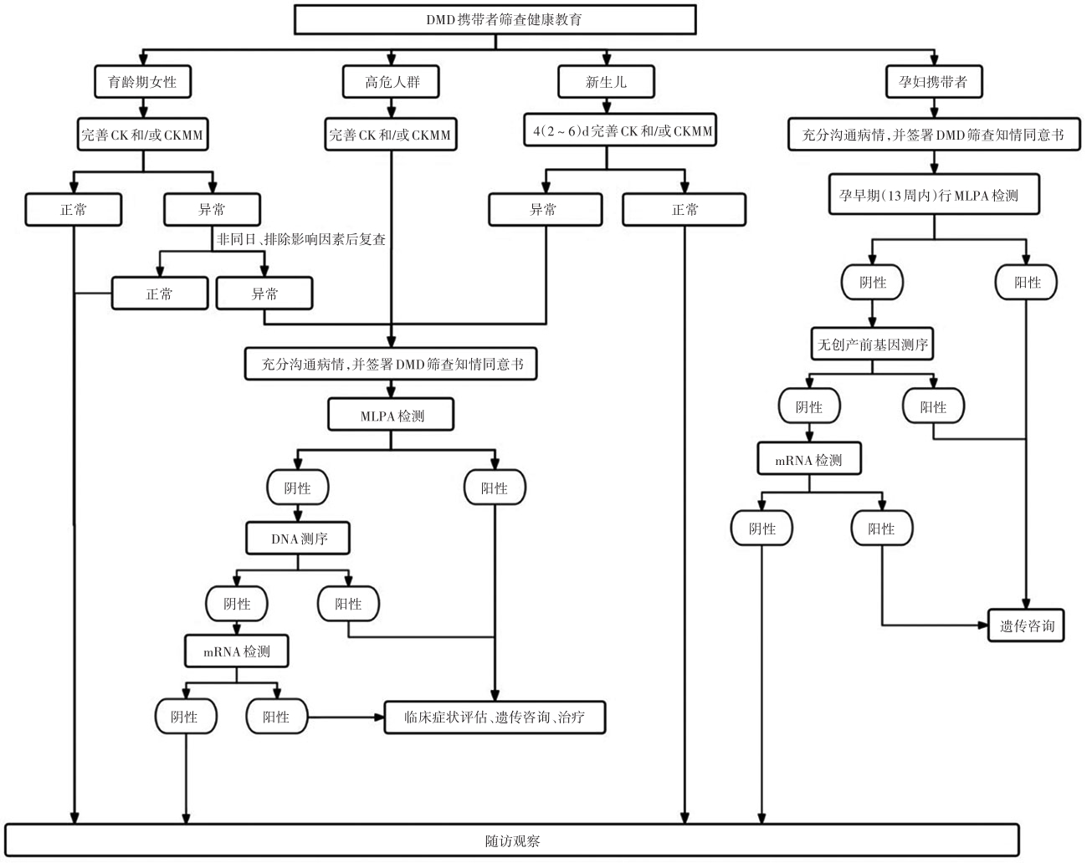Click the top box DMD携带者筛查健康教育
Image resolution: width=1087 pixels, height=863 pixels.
point(495,20)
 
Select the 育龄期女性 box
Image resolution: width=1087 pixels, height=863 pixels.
point(143,81)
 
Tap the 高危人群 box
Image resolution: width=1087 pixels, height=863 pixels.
point(391,81)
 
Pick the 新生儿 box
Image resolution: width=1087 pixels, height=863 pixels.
point(606,81)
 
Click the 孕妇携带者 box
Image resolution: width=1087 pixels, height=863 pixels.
point(934,81)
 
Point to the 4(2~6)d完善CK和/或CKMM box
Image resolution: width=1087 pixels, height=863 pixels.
point(620,130)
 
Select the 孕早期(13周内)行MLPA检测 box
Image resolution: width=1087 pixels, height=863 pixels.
point(934,194)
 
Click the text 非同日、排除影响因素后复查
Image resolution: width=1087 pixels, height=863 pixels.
point(301,239)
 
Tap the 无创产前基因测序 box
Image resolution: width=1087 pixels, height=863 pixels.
point(872,344)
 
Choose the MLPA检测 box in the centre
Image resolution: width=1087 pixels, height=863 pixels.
point(391,415)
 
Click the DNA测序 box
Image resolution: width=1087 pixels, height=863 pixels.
point(298,539)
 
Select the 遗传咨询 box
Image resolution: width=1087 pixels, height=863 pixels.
point(1026,626)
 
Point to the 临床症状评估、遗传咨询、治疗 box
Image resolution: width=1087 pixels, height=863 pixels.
point(495,717)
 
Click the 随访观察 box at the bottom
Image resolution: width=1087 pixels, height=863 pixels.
point(512,840)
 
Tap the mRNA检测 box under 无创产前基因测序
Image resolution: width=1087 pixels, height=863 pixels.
point(809,458)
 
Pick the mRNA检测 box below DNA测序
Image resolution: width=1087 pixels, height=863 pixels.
point(236,651)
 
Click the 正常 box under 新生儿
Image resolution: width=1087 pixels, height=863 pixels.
point(685,210)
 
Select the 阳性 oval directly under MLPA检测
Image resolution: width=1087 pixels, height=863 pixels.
point(495,488)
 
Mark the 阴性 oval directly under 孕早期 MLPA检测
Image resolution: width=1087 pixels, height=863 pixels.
point(872,282)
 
